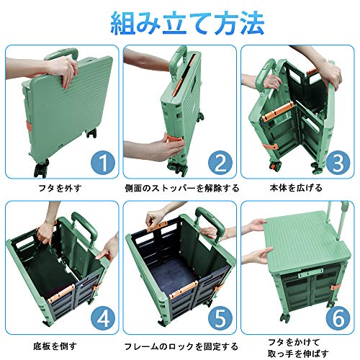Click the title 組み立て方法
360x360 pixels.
(x=187, y=24)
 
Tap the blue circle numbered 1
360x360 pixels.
(x=103, y=163)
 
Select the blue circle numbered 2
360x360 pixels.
(x=220, y=163)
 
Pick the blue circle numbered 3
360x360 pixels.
(x=338, y=163)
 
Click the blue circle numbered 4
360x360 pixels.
(x=103, y=318)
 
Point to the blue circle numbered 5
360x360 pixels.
(x=220, y=318)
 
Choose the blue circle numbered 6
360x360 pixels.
(x=338, y=318)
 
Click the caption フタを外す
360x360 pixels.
(x=60, y=188)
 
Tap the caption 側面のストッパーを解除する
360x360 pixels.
(x=182, y=188)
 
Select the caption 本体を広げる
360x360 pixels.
(x=296, y=188)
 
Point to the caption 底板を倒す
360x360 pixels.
(x=55, y=346)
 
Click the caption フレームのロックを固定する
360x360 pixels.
(x=181, y=346)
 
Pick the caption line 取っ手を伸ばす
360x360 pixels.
(x=298, y=354)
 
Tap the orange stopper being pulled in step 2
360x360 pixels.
(x=175, y=140)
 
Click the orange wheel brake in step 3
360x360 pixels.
(x=273, y=166)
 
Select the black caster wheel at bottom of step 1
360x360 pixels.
(x=41, y=168)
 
